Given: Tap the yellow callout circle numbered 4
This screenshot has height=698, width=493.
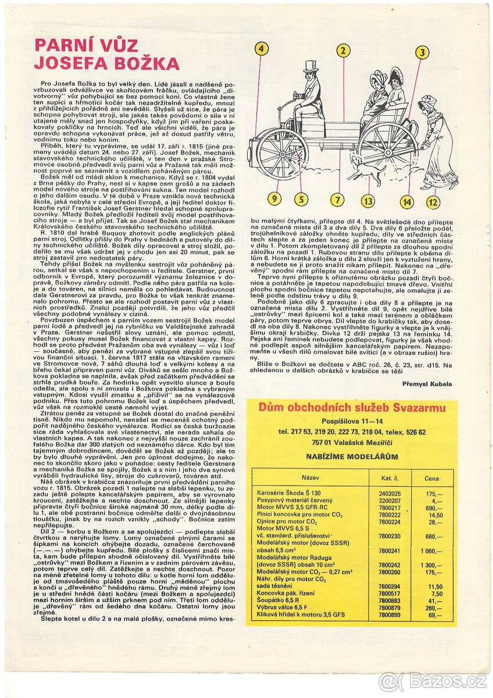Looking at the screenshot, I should (x=261, y=49).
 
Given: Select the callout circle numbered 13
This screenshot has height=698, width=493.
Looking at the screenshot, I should (x=367, y=201).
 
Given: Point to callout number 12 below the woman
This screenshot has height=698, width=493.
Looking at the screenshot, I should (x=433, y=202).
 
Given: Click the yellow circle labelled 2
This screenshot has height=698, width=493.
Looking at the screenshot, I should (x=343, y=51).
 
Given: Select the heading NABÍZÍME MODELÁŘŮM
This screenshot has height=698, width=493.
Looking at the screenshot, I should (x=352, y=457).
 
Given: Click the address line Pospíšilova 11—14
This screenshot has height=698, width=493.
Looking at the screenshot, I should (x=352, y=421).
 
